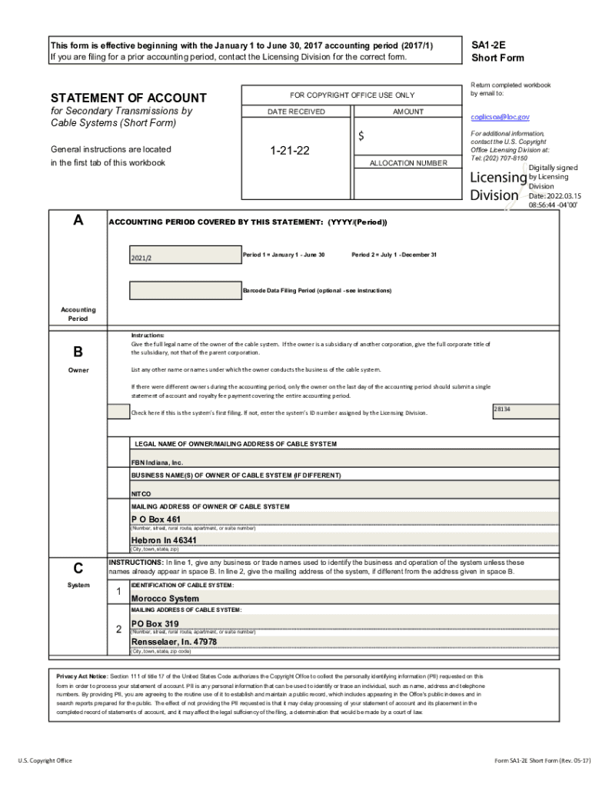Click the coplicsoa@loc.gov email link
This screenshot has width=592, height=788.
pyautogui.click(x=500, y=117)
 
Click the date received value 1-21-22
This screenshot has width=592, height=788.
pyautogui.click(x=289, y=151)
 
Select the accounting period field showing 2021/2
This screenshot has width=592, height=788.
pyautogui.click(x=184, y=257)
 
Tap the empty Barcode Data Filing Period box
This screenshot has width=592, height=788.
pyautogui.click(x=184, y=290)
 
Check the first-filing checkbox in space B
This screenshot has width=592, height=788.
pyautogui.click(x=118, y=412)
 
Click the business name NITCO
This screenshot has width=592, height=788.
pyautogui.click(x=141, y=493)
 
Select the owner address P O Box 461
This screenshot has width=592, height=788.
pyautogui.click(x=156, y=519)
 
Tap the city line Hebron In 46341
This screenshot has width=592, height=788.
pyautogui.click(x=164, y=540)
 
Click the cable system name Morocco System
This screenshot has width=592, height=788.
pyautogui.click(x=165, y=599)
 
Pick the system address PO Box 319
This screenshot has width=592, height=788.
pyautogui.click(x=155, y=624)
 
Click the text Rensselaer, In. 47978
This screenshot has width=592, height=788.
pyautogui.click(x=174, y=642)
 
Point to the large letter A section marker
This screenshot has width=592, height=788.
pyautogui.click(x=78, y=221)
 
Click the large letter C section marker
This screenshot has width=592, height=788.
pyautogui.click(x=78, y=569)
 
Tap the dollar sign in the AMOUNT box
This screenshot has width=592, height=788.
pyautogui.click(x=361, y=136)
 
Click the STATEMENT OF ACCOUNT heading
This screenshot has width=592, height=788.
pyautogui.click(x=128, y=98)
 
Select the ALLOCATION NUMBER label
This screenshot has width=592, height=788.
pyautogui.click(x=408, y=163)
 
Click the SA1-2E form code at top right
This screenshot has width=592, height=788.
pyautogui.click(x=488, y=45)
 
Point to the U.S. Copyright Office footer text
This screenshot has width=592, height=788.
pyautogui.click(x=45, y=760)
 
